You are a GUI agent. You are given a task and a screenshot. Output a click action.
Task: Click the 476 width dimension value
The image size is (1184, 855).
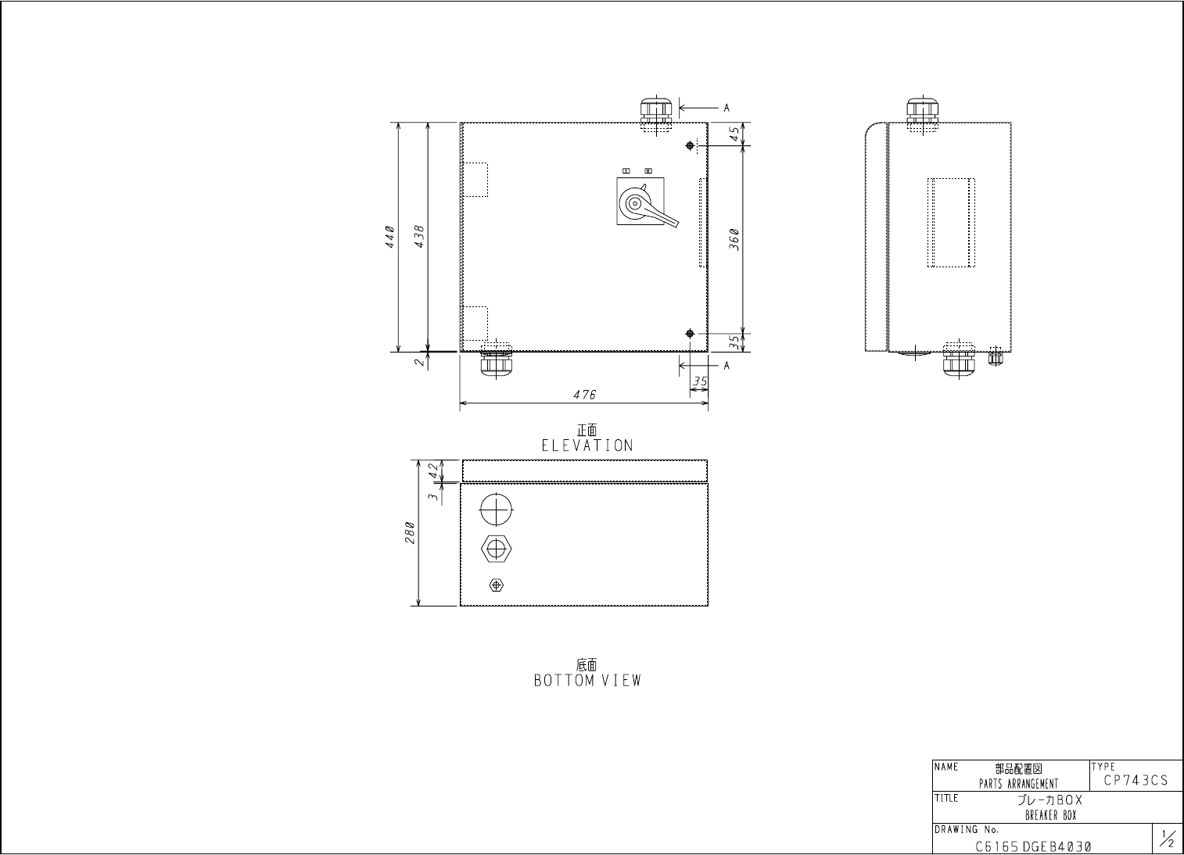click(x=585, y=395)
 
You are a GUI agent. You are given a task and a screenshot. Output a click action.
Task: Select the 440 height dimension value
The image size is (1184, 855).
click(x=390, y=237)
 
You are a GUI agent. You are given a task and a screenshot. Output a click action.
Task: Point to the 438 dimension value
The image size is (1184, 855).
click(x=420, y=237)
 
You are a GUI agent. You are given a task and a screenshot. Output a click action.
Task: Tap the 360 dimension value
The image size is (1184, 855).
click(x=734, y=239)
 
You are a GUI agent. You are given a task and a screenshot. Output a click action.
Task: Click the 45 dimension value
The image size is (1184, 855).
click(x=734, y=134)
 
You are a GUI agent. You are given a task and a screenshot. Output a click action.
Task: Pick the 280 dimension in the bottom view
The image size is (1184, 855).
click(x=410, y=533)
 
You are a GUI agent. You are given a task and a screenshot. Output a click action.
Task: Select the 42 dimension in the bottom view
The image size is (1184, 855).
click(x=433, y=470)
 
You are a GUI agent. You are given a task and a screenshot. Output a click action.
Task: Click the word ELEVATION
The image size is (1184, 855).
click(x=587, y=445)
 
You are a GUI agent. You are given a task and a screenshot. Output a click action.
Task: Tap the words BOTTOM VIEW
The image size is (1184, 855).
click(x=587, y=680)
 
